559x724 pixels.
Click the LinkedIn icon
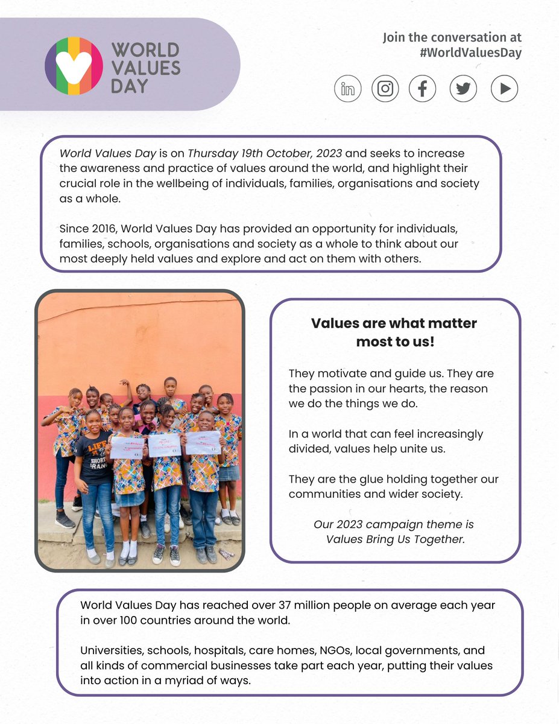pos(348,89)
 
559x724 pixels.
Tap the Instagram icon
pos(385,89)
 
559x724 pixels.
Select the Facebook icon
pos(423,89)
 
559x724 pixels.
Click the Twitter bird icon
pos(463,89)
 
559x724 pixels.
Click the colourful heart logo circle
pos(74,66)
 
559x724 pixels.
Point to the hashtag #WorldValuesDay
pos(470,53)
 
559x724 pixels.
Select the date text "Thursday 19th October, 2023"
pos(257,154)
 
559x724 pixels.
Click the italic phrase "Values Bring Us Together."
pos(396,539)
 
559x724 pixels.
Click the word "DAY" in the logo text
pos(129,86)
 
